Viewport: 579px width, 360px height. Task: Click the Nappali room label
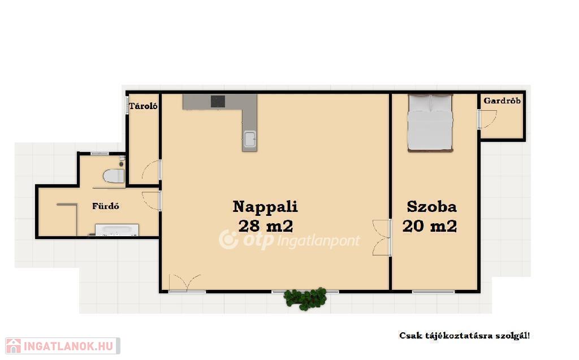coord(265,206)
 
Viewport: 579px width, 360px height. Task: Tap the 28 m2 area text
coord(266,226)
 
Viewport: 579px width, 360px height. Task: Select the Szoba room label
coord(431,207)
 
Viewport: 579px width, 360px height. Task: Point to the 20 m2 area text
coord(430,226)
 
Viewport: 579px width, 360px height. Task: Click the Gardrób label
coord(502,101)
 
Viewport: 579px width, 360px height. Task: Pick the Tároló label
coord(143,106)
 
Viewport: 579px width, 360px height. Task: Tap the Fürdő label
coord(106,206)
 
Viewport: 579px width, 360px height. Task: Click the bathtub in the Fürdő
coord(116,229)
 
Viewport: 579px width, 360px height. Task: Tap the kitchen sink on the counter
coord(249,139)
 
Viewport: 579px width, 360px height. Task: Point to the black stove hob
coord(218,101)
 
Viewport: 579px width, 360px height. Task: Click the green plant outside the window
coord(305,298)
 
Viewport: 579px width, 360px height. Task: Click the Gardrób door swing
coord(487,119)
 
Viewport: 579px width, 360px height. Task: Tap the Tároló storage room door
coord(152,170)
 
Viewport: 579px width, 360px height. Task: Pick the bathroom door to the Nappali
coord(152,201)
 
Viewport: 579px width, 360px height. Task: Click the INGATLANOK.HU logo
coord(62,346)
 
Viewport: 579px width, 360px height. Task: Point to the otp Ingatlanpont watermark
coord(289,240)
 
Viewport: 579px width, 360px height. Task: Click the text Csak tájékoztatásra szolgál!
coord(465,336)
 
